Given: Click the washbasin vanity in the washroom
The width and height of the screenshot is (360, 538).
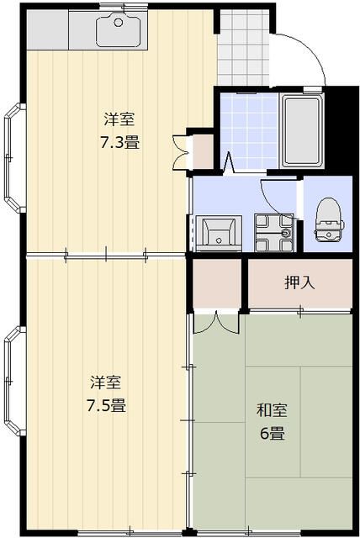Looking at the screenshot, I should click(x=221, y=232).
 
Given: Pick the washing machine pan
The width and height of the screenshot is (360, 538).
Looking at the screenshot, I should click(x=274, y=232).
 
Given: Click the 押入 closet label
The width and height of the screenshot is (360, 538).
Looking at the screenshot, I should click(x=299, y=282).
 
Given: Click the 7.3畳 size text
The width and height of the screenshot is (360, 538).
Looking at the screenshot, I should click(x=119, y=142).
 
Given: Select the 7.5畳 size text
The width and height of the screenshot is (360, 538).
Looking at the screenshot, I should click(x=108, y=406).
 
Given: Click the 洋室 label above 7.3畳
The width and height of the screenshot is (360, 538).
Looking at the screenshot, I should click(x=119, y=119).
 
